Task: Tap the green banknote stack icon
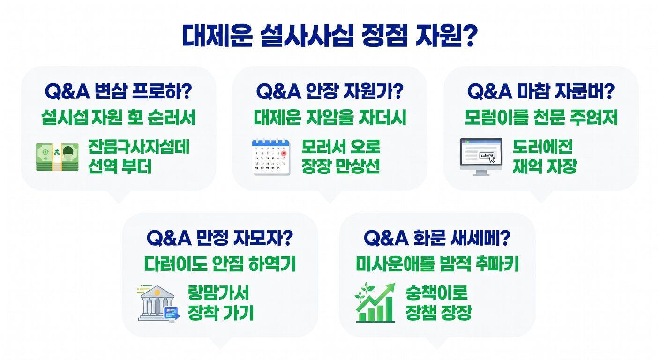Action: (x=57, y=157)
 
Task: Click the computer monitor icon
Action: (x=481, y=157)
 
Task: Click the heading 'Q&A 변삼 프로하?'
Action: (x=118, y=91)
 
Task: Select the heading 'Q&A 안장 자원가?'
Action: (x=330, y=91)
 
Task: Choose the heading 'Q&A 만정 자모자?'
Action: (x=219, y=238)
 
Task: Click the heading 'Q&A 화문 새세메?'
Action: (x=437, y=238)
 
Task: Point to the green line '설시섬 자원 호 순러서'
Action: (x=118, y=117)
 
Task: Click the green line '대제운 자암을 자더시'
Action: (x=330, y=117)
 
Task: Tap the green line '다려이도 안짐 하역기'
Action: (x=219, y=264)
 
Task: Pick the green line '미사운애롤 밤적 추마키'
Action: (x=437, y=264)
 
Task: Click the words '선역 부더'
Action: (x=120, y=167)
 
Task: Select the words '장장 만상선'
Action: (x=340, y=167)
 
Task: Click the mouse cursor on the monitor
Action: (x=491, y=158)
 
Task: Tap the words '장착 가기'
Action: (x=220, y=313)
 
